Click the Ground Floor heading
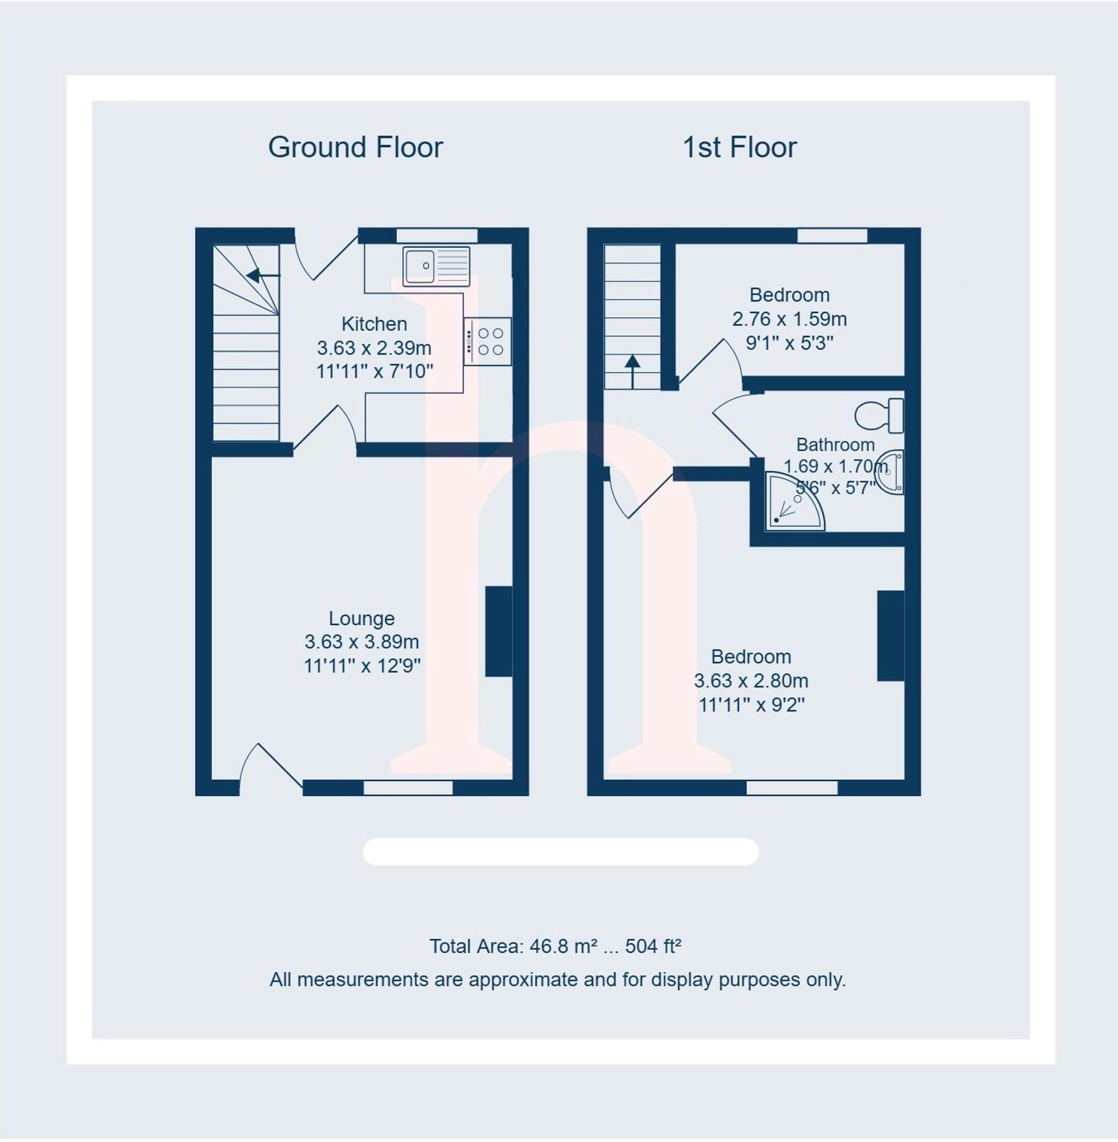pos(356,148)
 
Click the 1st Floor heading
pos(739,148)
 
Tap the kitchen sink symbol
pos(435,267)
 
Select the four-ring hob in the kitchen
pos(487,341)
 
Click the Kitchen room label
pos(374,324)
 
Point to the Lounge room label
pos(361,618)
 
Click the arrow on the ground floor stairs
pos(258,275)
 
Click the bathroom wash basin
pos(893,473)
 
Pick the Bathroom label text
pos(835,445)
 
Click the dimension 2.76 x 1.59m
pos(789,319)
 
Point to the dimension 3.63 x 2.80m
pos(750,680)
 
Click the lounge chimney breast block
pos(499,631)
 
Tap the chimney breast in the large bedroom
pos(890,636)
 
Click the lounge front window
pos(408,787)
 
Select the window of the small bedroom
pos(831,235)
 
